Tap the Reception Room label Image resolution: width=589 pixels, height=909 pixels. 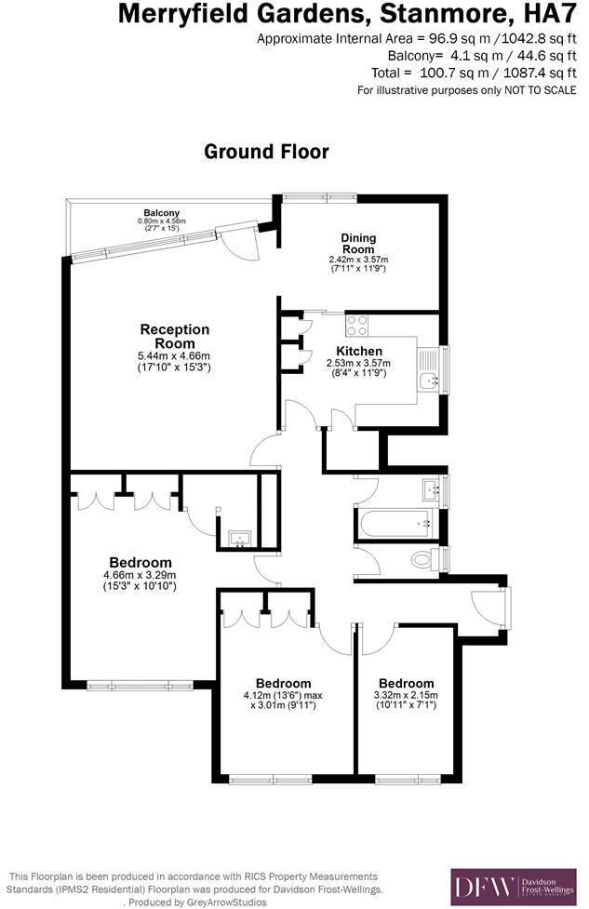[175, 336]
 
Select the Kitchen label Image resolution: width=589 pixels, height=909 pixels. [359, 351]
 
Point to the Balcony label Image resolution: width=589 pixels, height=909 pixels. [162, 212]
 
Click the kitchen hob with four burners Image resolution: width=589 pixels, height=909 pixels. [357, 325]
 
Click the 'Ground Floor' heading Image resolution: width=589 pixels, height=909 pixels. [266, 151]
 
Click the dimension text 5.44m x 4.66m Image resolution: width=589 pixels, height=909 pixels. [175, 355]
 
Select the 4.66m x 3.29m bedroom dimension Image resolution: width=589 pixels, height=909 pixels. [141, 575]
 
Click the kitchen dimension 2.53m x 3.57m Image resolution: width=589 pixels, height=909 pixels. [359, 363]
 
